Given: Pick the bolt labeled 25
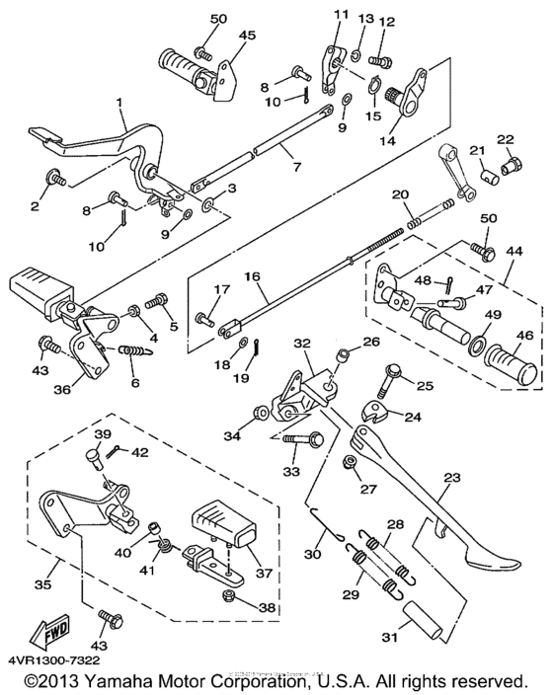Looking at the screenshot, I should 388,377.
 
